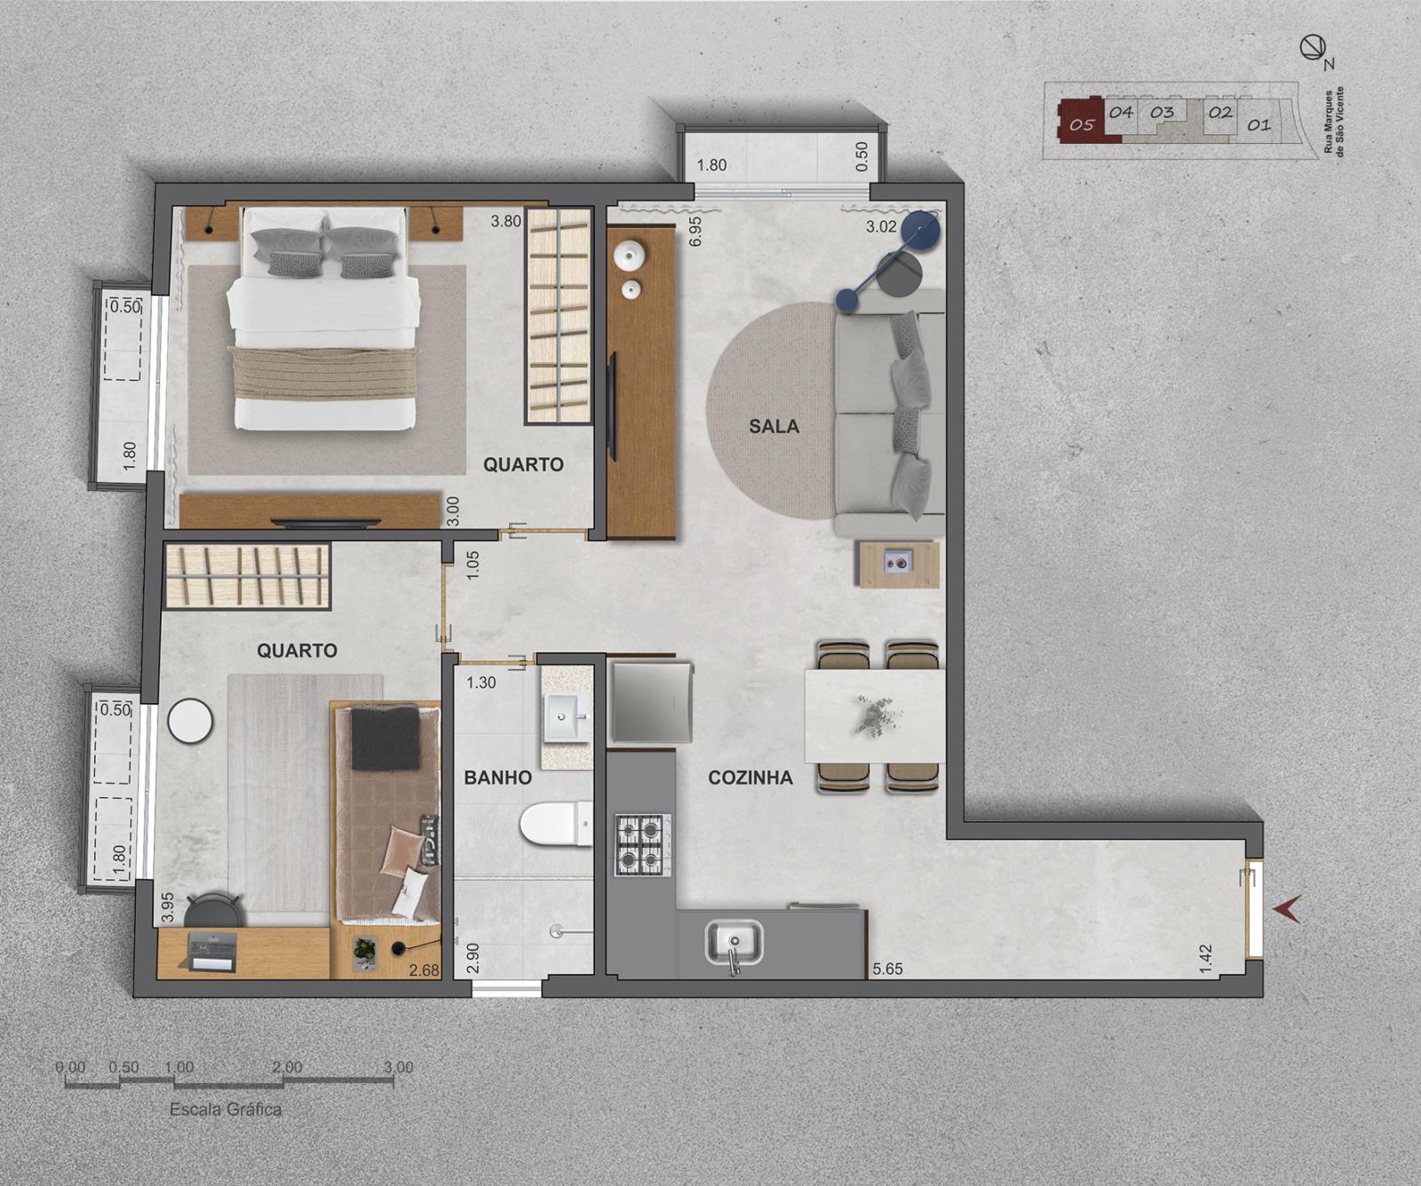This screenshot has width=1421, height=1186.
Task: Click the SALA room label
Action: pyautogui.click(x=774, y=426)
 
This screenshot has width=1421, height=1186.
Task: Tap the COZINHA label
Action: pyautogui.click(x=750, y=778)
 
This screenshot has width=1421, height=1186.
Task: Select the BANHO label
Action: pyautogui.click(x=497, y=778)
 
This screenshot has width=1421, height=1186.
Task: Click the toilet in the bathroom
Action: pyautogui.click(x=556, y=825)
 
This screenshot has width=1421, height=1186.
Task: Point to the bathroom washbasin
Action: pyautogui.click(x=566, y=717)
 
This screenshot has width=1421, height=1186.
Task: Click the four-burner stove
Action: pyautogui.click(x=643, y=844)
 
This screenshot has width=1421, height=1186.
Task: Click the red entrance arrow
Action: pyautogui.click(x=1287, y=909)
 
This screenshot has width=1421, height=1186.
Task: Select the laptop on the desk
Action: pyautogui.click(x=213, y=951)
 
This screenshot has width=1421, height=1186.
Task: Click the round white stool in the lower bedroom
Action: pyautogui.click(x=190, y=721)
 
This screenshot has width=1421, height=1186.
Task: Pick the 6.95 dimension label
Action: pyautogui.click(x=695, y=231)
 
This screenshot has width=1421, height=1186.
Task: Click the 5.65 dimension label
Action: pyautogui.click(x=887, y=969)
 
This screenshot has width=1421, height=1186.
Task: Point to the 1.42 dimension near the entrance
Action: pyautogui.click(x=1205, y=959)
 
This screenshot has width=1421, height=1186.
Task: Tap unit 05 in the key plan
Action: pyautogui.click(x=1082, y=124)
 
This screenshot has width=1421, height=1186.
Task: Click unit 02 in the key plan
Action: pyautogui.click(x=1220, y=113)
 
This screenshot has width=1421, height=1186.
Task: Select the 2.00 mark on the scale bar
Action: pyautogui.click(x=287, y=1067)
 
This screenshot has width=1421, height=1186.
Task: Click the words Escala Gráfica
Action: pyautogui.click(x=226, y=1110)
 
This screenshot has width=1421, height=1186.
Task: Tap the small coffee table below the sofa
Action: pyautogui.click(x=899, y=564)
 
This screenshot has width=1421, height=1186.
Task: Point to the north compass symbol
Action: pyautogui.click(x=1313, y=48)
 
